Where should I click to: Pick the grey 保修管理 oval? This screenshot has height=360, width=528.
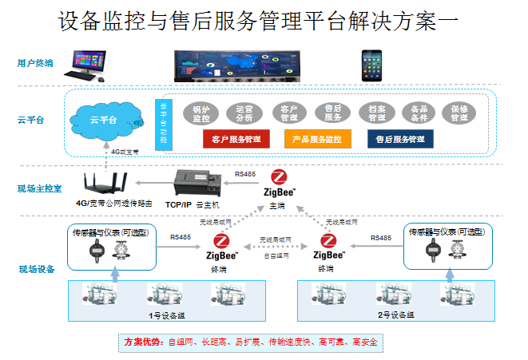459,113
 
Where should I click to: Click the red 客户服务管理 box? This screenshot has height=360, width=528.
237,139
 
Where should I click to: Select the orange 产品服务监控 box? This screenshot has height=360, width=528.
316,139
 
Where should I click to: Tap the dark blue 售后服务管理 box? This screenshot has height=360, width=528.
400,139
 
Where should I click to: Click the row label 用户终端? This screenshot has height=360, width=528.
35,62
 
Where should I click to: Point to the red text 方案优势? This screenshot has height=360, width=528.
145,342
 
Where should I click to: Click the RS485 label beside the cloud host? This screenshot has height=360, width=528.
244,172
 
